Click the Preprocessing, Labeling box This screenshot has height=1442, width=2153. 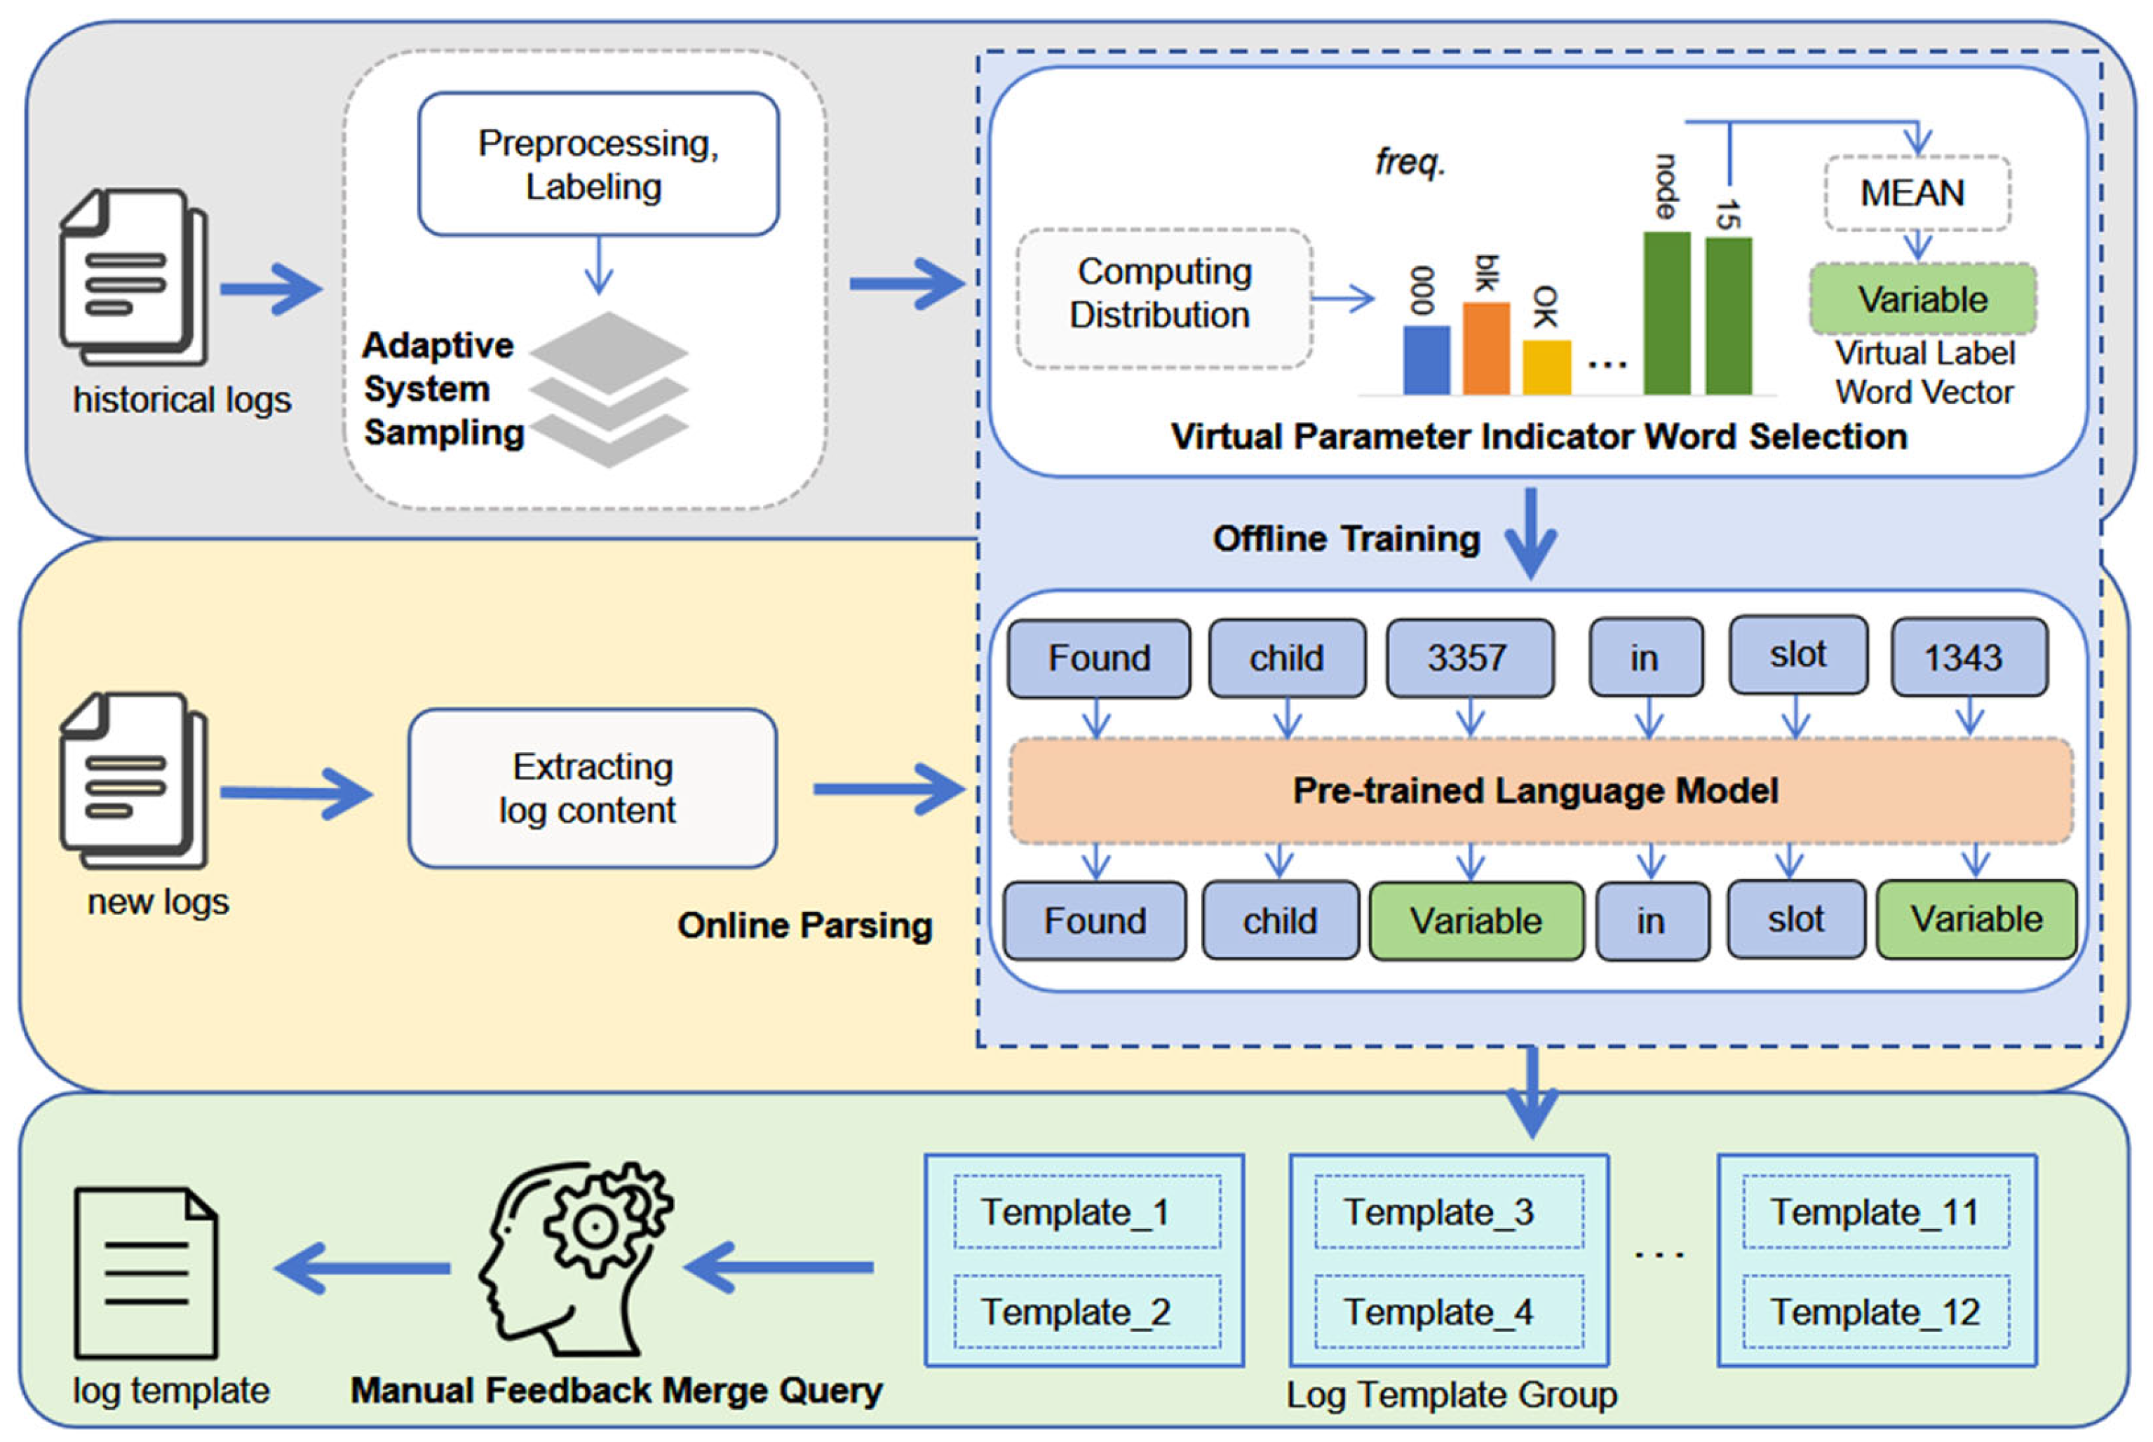click(x=598, y=164)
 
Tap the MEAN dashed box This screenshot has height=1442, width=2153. click(x=1916, y=193)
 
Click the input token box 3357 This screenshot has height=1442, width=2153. click(x=1469, y=658)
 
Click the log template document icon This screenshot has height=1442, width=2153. click(x=145, y=1273)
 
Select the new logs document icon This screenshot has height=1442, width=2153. click(x=133, y=780)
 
